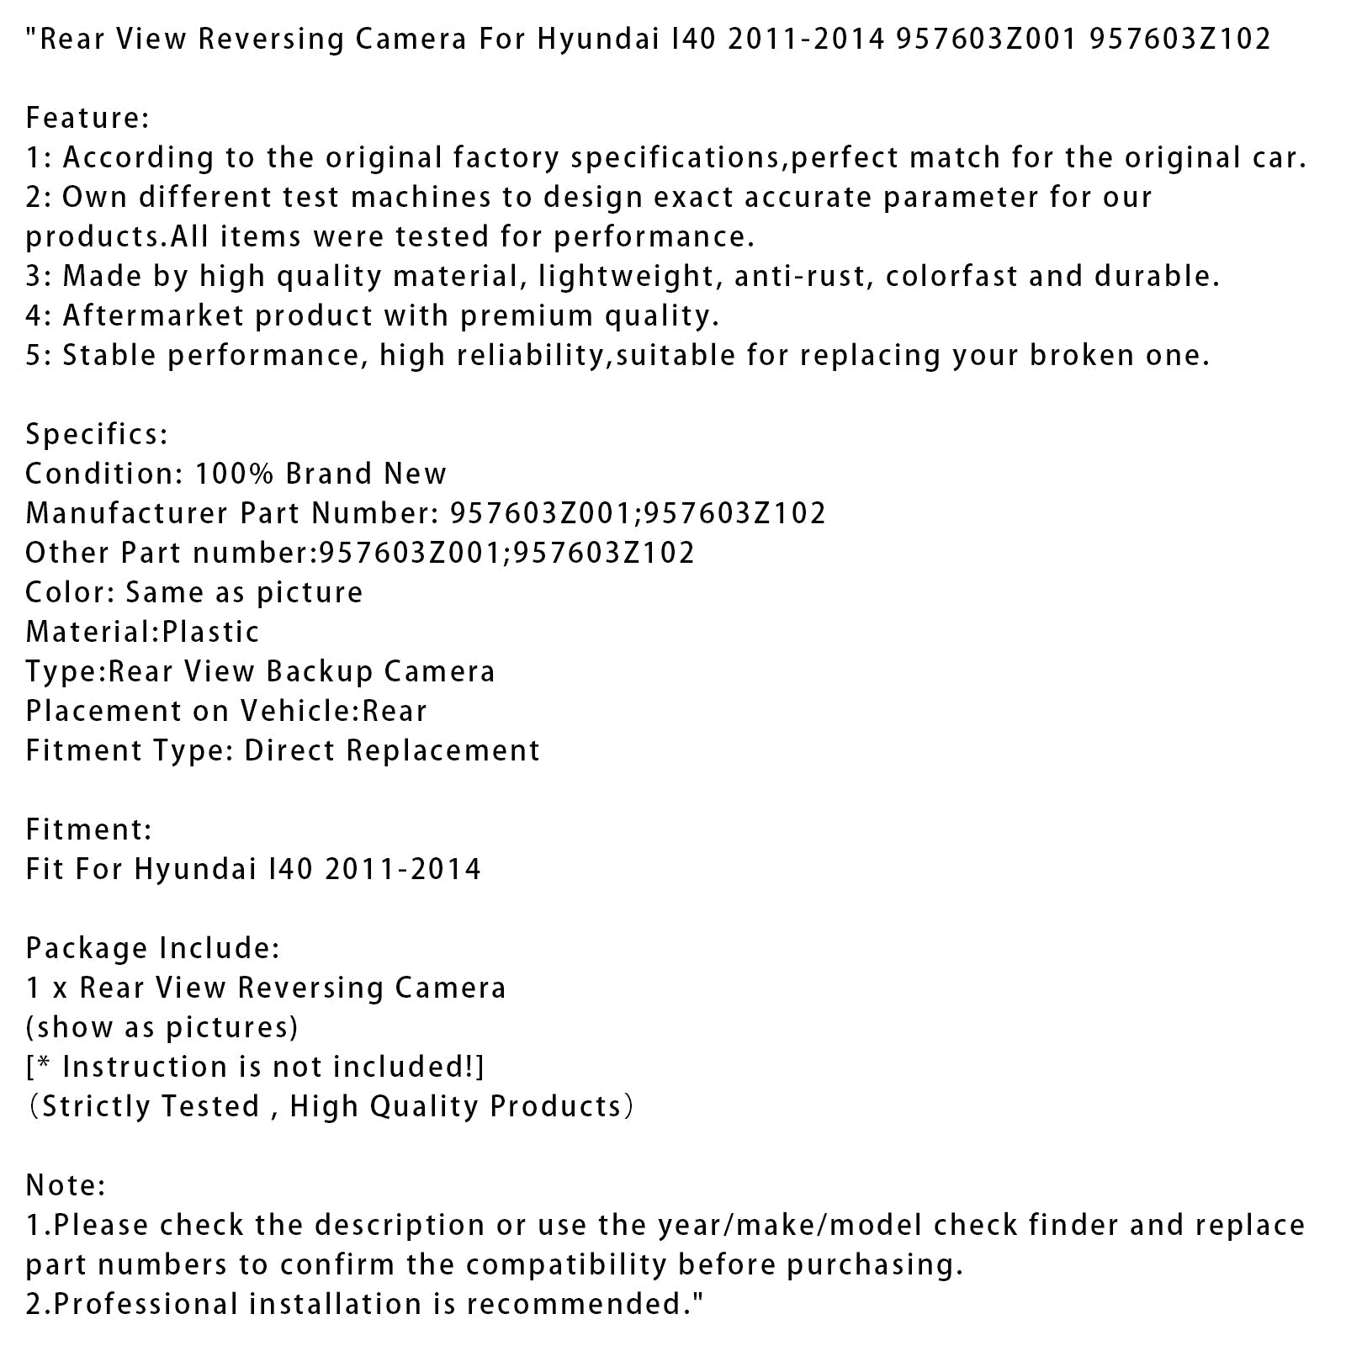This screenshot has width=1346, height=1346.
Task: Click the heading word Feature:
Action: [87, 118]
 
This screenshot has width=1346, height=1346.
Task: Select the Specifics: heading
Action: [97, 434]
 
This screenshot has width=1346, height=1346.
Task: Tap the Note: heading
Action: [66, 1185]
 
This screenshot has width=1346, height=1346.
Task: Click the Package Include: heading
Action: [152, 948]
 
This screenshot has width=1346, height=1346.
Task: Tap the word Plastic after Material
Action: [211, 632]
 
